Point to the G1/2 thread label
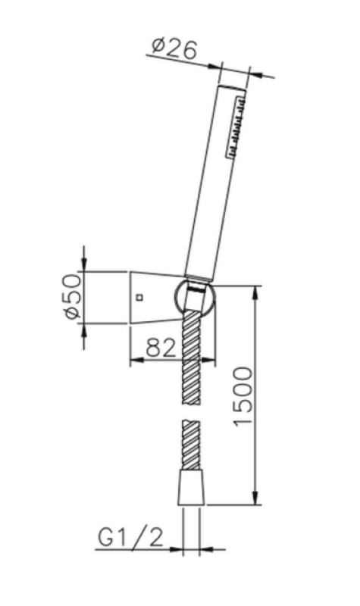pos(130,539)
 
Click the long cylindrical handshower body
pos(216,182)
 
